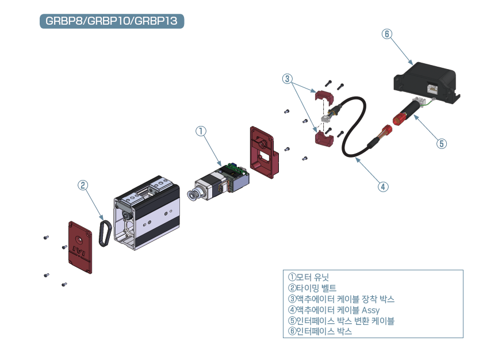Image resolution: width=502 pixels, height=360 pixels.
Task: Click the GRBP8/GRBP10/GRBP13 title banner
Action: [x=112, y=21]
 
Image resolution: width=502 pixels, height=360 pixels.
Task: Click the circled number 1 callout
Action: [x=200, y=131]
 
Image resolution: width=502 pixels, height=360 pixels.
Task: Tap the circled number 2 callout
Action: [x=83, y=185]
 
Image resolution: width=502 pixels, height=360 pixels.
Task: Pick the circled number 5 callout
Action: [x=441, y=144]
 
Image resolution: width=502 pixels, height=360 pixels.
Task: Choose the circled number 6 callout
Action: [x=387, y=34]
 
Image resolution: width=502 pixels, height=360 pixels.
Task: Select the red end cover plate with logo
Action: [x=80, y=247]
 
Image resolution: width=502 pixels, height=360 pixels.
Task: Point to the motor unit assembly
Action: [x=221, y=181]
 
